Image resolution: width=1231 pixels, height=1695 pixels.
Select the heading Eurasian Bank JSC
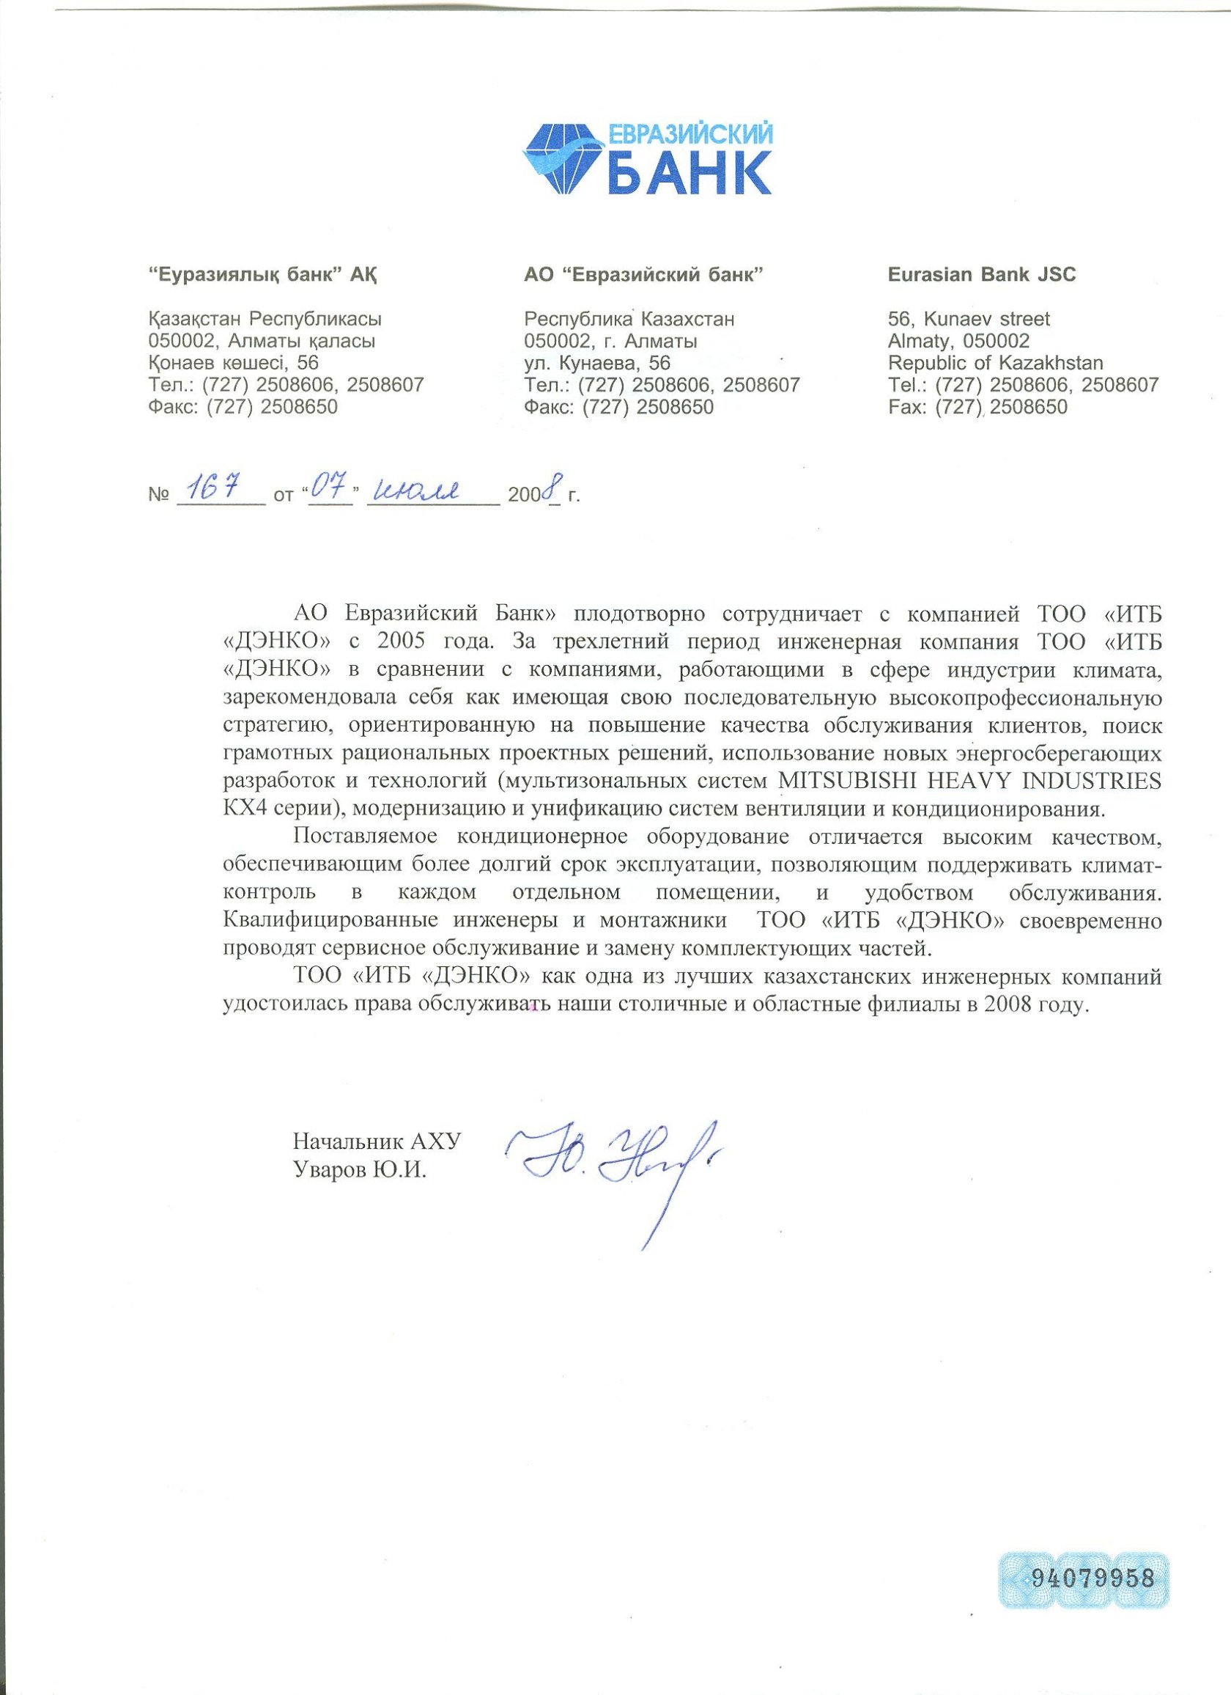coord(982,274)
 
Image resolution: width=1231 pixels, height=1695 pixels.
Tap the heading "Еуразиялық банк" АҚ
coord(263,275)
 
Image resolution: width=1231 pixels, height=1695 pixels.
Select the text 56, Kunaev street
coord(968,319)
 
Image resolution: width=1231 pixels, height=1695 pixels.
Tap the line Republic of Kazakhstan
coord(995,363)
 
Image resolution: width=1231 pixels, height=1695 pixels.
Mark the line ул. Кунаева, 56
coord(597,363)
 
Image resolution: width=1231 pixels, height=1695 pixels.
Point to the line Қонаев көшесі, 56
coord(234,363)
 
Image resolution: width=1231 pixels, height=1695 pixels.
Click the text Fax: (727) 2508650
coord(977,408)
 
